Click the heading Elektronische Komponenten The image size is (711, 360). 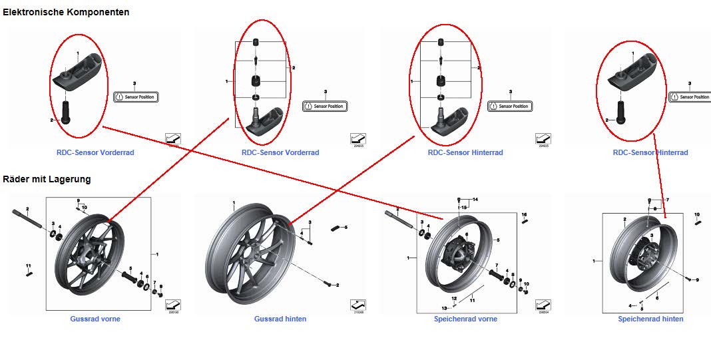65,12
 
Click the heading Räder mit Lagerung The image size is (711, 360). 47,179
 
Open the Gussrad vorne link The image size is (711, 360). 95,319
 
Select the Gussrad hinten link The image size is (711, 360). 280,319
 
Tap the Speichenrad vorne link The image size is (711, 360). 465,319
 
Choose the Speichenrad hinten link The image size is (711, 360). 650,319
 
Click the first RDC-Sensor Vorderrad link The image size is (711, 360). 95,152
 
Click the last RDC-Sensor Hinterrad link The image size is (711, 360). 650,152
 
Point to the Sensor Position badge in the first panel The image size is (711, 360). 136,97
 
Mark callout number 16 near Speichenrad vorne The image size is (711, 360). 525,214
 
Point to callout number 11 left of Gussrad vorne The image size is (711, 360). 29,266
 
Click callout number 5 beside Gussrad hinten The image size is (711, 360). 346,228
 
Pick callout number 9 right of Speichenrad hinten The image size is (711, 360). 697,280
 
